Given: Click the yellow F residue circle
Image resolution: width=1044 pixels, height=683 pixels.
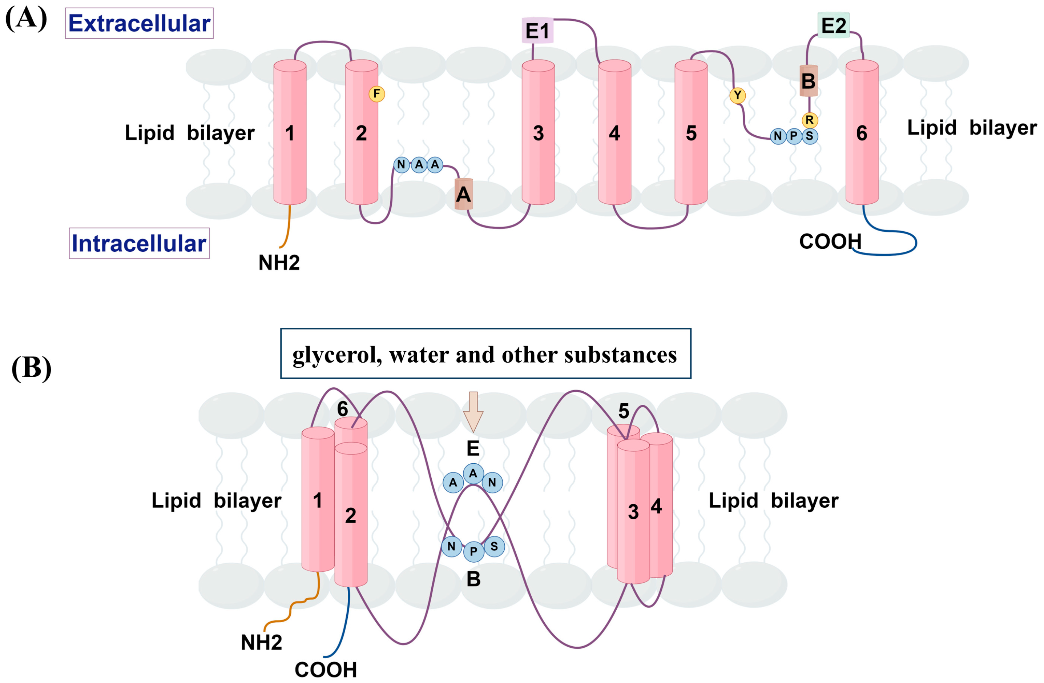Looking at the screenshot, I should [x=376, y=94].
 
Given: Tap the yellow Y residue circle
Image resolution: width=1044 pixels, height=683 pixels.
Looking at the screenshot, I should [x=737, y=95].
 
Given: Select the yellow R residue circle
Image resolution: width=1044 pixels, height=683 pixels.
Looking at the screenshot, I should [x=809, y=120].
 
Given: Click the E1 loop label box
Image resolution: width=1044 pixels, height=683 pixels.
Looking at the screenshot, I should [x=537, y=31].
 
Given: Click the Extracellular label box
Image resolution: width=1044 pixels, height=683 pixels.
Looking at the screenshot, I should [x=139, y=23].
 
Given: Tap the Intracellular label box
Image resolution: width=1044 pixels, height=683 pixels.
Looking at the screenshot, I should [x=139, y=243].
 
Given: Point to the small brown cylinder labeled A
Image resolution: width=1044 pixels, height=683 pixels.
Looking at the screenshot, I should [x=463, y=194].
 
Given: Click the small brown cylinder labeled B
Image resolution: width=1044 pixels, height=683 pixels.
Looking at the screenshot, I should [x=808, y=81].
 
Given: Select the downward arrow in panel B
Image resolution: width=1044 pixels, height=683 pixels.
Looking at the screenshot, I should [x=473, y=411].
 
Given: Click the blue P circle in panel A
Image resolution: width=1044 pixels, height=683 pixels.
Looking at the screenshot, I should [x=794, y=136].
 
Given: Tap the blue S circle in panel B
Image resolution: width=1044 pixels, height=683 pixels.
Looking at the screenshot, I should [x=494, y=547].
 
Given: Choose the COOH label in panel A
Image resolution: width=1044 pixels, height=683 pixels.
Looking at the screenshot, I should [x=830, y=241].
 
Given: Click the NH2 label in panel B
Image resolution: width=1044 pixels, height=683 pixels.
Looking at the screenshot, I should [x=261, y=643].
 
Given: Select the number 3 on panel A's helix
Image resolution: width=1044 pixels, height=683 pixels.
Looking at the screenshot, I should [x=538, y=133].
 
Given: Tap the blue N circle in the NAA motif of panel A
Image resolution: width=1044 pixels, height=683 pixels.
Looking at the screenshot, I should [x=401, y=165].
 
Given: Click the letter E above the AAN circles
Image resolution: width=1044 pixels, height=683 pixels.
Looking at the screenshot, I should [x=473, y=448].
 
